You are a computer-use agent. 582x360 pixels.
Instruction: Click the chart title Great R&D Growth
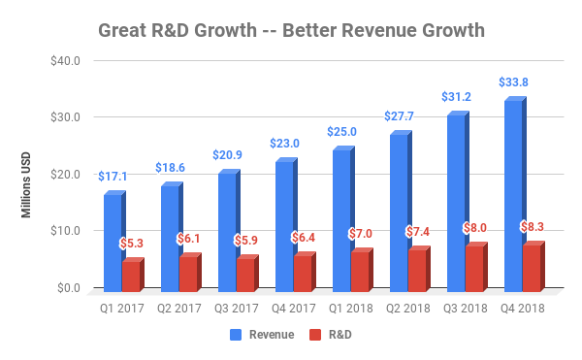pos(291,30)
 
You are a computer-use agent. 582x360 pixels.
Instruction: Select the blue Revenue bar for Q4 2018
pos(511,194)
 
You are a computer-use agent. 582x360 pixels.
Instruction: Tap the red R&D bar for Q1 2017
pos(129,276)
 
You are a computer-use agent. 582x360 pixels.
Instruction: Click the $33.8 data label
pos(515,82)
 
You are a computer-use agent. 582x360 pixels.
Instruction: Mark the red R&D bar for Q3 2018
pos(473,268)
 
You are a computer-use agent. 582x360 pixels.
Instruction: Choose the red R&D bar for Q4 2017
pos(302,273)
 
